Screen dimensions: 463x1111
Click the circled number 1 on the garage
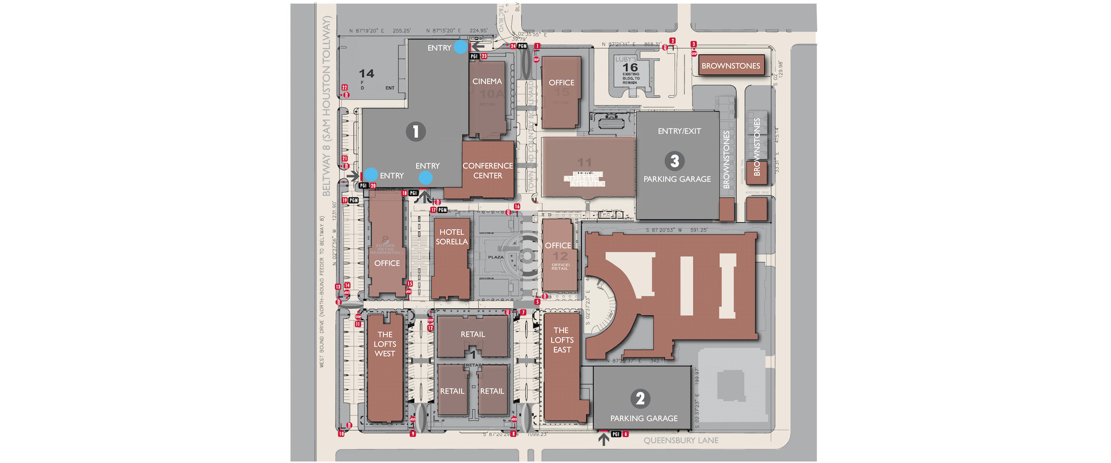415,132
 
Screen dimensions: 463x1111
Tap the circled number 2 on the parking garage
640,399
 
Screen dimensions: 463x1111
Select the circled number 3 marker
674,161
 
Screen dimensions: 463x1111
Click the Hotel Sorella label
452,237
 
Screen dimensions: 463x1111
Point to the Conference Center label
488,171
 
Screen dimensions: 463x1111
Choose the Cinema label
487,82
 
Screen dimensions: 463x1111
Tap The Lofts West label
385,344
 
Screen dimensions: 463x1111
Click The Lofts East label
562,340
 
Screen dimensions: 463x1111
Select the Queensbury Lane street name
681,440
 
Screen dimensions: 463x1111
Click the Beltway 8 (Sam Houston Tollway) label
326,106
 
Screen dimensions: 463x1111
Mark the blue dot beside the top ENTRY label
460,47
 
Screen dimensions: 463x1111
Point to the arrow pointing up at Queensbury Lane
604,439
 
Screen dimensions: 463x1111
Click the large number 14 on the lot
366,74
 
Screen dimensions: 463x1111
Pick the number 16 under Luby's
630,68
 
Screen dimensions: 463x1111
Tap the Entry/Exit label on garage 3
679,131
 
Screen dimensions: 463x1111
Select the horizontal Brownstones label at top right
731,66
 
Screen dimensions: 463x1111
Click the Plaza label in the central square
496,257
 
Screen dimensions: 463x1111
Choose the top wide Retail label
473,335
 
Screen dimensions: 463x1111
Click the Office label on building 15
561,83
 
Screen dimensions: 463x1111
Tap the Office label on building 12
558,245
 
